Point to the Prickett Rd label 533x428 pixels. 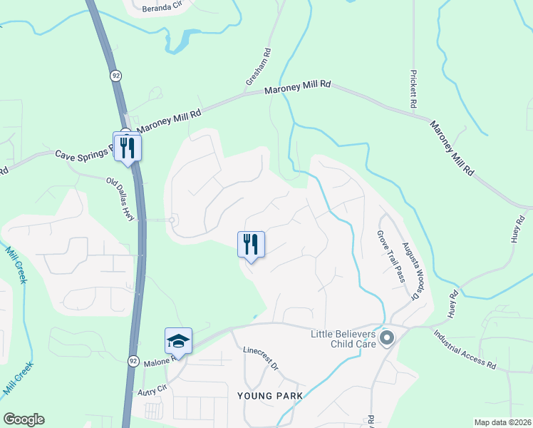(413, 89)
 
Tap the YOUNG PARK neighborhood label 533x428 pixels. (271, 396)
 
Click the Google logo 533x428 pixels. (24, 419)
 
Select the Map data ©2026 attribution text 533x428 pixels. (502, 422)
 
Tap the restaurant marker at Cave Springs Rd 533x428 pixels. (128, 148)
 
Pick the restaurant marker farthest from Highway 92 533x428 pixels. (251, 245)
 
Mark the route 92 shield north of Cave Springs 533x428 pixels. (115, 75)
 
